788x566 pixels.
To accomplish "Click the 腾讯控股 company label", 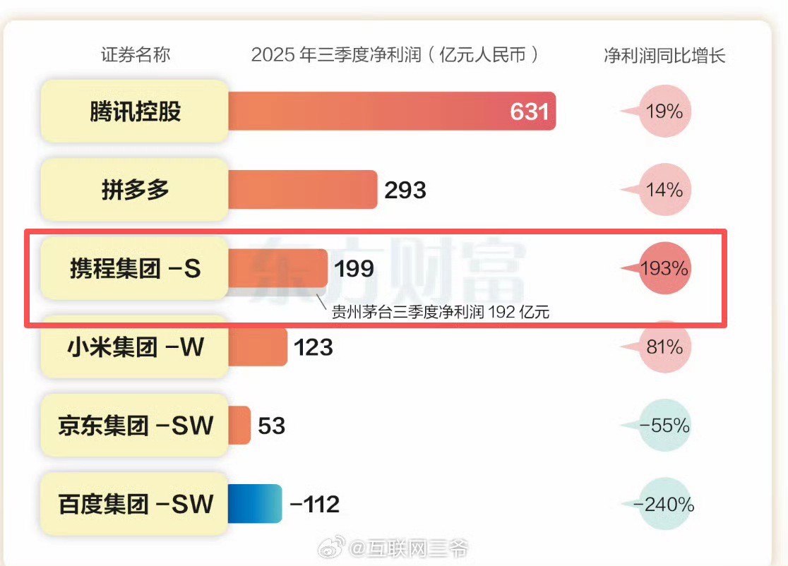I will [135, 112].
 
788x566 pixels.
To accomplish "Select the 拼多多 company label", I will [135, 190].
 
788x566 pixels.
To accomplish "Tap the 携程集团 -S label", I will [135, 269].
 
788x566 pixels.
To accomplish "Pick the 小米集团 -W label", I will [135, 347].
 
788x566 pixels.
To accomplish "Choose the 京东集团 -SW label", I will [135, 426].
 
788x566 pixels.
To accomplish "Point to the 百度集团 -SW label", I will [135, 504].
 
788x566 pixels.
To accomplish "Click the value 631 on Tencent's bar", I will [529, 112].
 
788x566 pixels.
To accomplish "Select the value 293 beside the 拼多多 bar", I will [405, 190].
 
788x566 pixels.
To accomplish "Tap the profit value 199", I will [354, 269].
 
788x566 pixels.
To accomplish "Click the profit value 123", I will [312, 347].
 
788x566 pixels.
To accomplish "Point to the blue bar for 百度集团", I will [255, 504].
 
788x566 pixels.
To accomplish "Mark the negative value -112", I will [314, 504].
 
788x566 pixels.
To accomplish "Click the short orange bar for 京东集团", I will [239, 426].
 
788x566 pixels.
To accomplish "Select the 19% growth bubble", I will [664, 112].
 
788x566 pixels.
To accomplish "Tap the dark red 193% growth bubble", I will [664, 269].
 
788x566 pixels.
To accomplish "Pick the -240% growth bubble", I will [664, 504].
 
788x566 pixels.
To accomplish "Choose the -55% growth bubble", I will [664, 426].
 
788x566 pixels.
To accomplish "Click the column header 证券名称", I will [136, 55].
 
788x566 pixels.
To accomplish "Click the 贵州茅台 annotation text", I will [441, 312].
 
